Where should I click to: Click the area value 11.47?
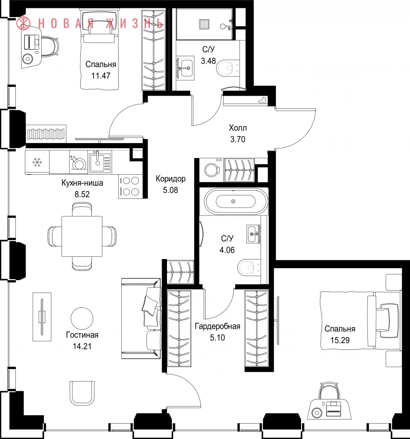[x=101, y=76]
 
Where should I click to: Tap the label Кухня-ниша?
[x=82, y=183]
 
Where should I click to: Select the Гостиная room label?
[x=82, y=335]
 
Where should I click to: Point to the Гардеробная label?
[x=218, y=326]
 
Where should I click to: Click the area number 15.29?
[x=340, y=340]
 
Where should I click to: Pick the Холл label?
[x=238, y=128]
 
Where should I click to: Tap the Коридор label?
[x=171, y=179]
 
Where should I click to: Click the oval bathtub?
[x=233, y=202]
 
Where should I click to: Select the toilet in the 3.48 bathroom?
[x=228, y=68]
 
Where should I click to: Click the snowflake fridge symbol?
[x=37, y=162]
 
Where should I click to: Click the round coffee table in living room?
[x=82, y=318]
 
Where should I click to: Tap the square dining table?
[x=82, y=236]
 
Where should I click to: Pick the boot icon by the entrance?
[x=263, y=100]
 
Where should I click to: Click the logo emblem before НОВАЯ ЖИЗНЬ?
[x=23, y=23]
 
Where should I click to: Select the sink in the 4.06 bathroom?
[x=254, y=234]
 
